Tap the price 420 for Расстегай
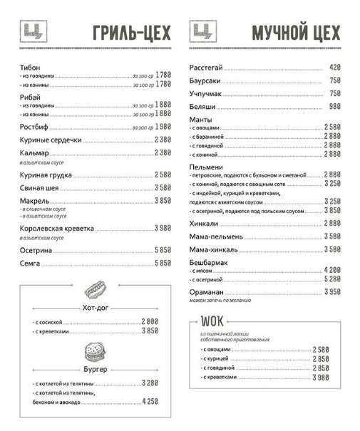(335, 68)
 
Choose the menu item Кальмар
(36, 152)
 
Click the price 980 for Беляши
(335, 106)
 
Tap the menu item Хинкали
(205, 223)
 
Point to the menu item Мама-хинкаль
(216, 249)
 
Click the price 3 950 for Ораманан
(332, 292)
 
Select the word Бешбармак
(209, 262)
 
